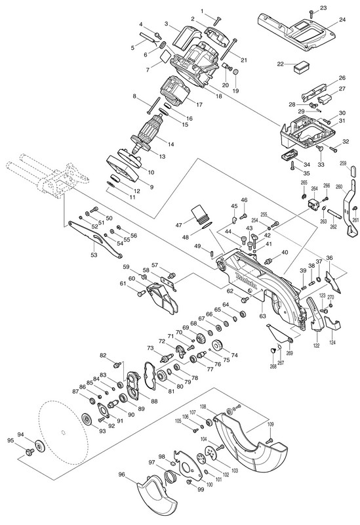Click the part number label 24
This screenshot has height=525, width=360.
[342, 20]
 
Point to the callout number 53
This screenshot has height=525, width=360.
[94, 255]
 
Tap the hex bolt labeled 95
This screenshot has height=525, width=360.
[29, 452]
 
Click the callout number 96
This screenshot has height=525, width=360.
[122, 474]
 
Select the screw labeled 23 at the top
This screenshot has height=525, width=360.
[311, 13]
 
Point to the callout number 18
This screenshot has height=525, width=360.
[218, 96]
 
